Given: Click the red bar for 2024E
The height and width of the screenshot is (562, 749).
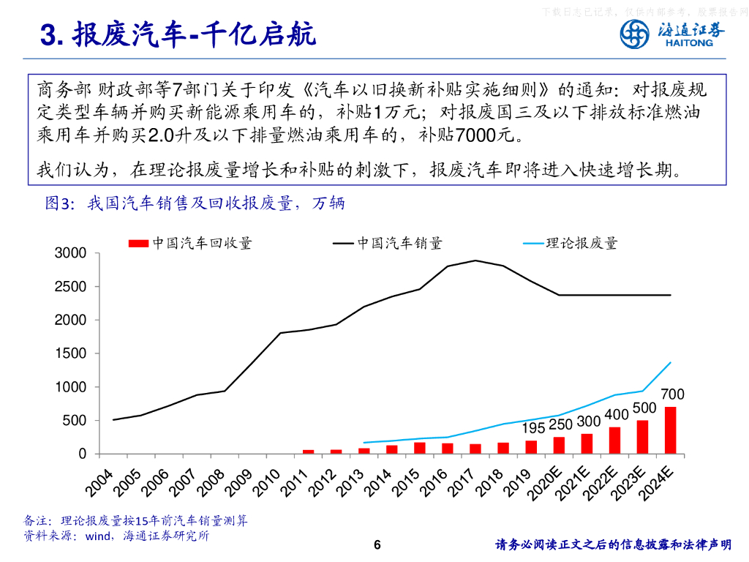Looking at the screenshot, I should point(670,430).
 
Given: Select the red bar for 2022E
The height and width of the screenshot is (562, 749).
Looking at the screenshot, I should point(614,441).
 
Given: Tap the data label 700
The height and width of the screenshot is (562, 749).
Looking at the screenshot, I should point(672,395).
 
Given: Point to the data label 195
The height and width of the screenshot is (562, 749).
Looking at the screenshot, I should point(534,428).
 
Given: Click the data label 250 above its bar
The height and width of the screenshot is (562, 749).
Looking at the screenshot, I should point(560,424).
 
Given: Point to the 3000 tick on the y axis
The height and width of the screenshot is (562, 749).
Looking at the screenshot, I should point(71,253).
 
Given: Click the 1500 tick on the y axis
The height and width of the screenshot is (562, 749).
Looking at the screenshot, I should point(71,353).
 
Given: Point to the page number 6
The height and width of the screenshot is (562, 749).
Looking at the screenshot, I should point(377,544).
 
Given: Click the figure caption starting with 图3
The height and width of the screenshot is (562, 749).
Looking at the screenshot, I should point(195,203).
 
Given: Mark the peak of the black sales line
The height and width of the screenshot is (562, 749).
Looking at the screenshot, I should point(475,261).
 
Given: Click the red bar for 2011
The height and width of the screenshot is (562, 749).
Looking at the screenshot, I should point(308,452).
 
